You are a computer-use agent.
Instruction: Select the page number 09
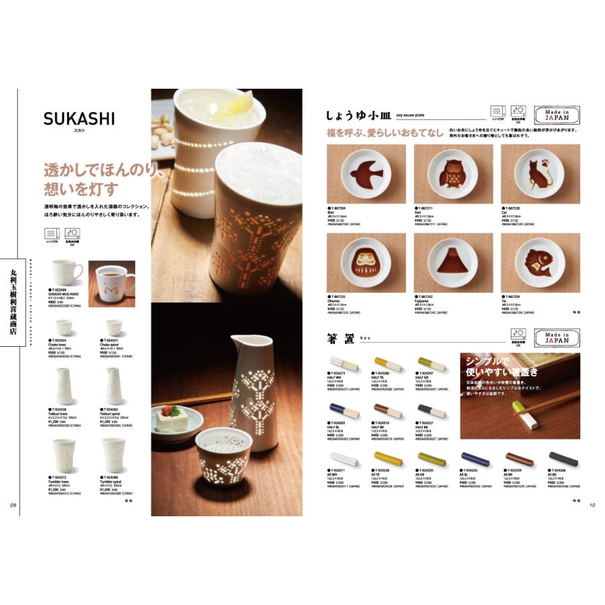[x=12, y=506]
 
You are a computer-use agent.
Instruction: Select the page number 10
[x=592, y=506]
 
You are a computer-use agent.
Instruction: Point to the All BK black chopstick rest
[x=563, y=459]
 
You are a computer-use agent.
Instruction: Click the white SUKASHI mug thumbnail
[x=67, y=272]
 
